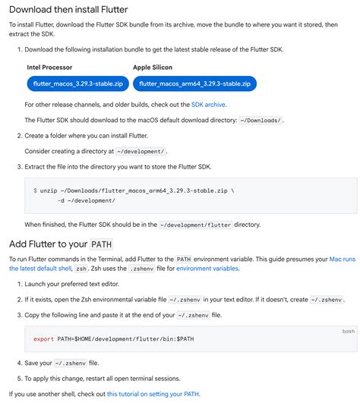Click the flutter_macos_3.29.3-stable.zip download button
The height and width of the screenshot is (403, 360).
[x=68, y=83]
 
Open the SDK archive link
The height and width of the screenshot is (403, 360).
[x=208, y=105]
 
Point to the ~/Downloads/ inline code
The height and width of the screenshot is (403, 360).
[x=261, y=121]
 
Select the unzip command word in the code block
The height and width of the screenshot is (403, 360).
[x=49, y=190]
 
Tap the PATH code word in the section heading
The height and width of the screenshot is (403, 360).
[x=102, y=244]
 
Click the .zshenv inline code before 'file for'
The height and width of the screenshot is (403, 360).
[x=142, y=269]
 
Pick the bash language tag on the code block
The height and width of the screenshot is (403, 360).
[x=349, y=332]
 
